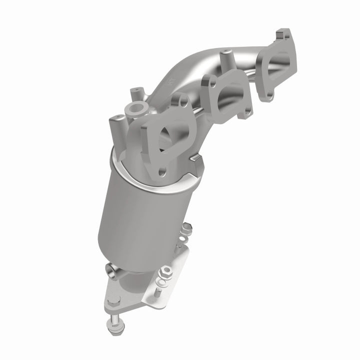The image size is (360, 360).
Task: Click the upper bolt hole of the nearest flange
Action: point(179,101)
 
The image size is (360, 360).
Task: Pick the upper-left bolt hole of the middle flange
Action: point(207,78)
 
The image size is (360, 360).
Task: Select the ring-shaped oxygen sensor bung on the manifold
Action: point(137,108)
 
